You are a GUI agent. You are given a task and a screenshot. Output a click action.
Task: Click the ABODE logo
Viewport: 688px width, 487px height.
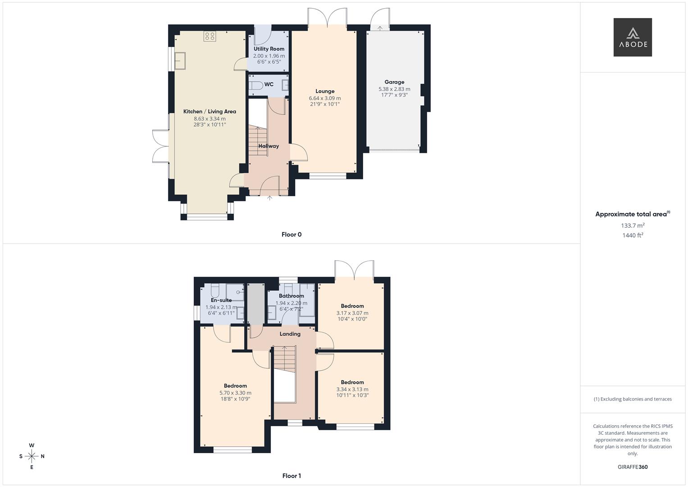pyautogui.click(x=632, y=37)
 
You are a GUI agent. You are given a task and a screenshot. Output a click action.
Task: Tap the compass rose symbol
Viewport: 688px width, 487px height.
pyautogui.click(x=32, y=456)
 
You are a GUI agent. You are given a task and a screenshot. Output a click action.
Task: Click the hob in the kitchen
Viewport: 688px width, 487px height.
pyautogui.click(x=210, y=36)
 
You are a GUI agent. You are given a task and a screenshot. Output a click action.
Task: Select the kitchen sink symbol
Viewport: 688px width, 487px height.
pyautogui.click(x=180, y=60)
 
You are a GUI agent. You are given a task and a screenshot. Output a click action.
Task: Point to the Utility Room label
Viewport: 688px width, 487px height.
pyautogui.click(x=269, y=49)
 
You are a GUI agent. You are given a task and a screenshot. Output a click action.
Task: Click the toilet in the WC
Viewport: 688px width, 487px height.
pyautogui.click(x=255, y=85)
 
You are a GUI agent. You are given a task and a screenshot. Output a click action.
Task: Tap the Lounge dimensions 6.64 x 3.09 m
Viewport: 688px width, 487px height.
pyautogui.click(x=324, y=98)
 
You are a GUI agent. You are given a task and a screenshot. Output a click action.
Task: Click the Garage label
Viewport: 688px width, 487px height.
pyautogui.click(x=394, y=82)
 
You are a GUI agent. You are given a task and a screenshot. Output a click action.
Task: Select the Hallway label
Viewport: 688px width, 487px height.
pyautogui.click(x=269, y=146)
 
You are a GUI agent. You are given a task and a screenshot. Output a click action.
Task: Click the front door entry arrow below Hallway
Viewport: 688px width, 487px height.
pyautogui.click(x=270, y=198)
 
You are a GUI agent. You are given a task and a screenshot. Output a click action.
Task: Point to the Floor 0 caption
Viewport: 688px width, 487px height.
pyautogui.click(x=292, y=234)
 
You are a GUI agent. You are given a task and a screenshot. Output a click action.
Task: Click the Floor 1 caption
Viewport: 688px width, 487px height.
pyautogui.click(x=292, y=476)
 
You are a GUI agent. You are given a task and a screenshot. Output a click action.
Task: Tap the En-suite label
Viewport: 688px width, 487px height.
pyautogui.click(x=221, y=300)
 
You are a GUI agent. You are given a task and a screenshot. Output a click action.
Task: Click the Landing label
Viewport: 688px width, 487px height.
pyautogui.click(x=290, y=334)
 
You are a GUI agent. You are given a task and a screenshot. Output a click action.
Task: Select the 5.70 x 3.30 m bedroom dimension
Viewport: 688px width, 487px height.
pyautogui.click(x=235, y=393)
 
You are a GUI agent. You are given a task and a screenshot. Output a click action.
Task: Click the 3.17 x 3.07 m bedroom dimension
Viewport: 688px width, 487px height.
pyautogui.click(x=352, y=313)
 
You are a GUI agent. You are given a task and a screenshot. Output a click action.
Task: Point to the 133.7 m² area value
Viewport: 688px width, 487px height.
pyautogui.click(x=633, y=225)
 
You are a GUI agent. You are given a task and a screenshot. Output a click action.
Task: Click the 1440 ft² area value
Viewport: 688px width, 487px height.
pyautogui.click(x=633, y=235)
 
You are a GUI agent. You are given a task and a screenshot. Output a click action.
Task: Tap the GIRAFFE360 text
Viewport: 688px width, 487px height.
pyautogui.click(x=633, y=467)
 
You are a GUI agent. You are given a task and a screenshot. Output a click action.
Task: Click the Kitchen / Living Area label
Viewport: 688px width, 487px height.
pyautogui.click(x=210, y=111)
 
